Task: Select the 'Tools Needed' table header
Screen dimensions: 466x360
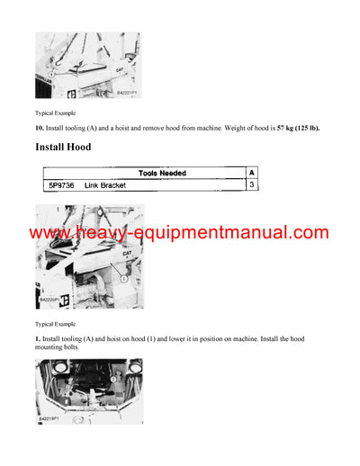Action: pyautogui.click(x=162, y=172)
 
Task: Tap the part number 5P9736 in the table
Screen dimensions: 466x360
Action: pyautogui.click(x=60, y=184)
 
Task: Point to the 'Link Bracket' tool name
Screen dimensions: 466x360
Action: pyautogui.click(x=105, y=184)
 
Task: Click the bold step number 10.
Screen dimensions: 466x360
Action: pyautogui.click(x=40, y=128)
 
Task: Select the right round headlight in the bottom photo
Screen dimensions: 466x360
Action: pyautogui.click(x=134, y=367)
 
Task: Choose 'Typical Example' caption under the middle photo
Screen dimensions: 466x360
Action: pyautogui.click(x=55, y=323)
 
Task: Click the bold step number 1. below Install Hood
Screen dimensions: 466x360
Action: pyautogui.click(x=39, y=339)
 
